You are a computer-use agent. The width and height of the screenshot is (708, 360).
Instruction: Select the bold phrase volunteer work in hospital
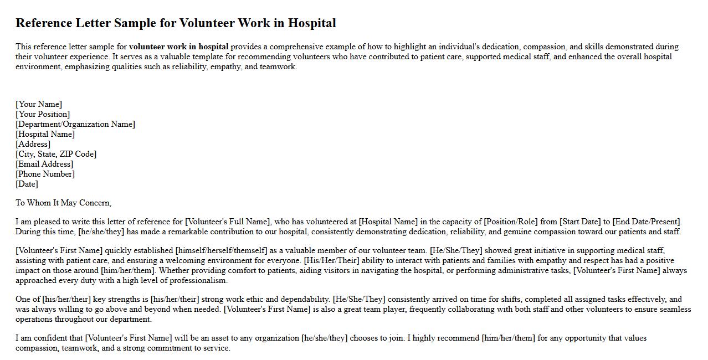pyautogui.click(x=178, y=47)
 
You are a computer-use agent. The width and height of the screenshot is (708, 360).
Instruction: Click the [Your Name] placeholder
pyautogui.click(x=39, y=104)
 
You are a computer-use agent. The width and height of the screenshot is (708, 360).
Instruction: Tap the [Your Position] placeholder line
pyautogui.click(x=43, y=114)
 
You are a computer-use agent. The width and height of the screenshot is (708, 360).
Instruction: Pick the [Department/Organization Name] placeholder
pyautogui.click(x=75, y=124)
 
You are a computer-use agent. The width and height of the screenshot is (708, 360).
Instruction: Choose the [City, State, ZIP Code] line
pyautogui.click(x=56, y=154)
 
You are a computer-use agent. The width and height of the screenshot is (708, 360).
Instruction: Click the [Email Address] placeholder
pyautogui.click(x=44, y=164)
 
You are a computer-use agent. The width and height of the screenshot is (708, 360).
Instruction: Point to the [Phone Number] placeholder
pyautogui.click(x=45, y=174)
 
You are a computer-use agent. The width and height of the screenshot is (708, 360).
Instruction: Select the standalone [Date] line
pyautogui.click(x=27, y=184)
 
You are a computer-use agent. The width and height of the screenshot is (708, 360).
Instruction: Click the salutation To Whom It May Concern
pyautogui.click(x=63, y=203)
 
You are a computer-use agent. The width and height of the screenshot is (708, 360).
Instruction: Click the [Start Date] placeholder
pyautogui.click(x=580, y=222)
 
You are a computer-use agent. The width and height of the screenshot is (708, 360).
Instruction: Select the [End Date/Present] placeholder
pyautogui.click(x=647, y=222)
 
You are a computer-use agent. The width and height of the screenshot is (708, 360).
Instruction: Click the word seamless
pyautogui.click(x=675, y=310)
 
